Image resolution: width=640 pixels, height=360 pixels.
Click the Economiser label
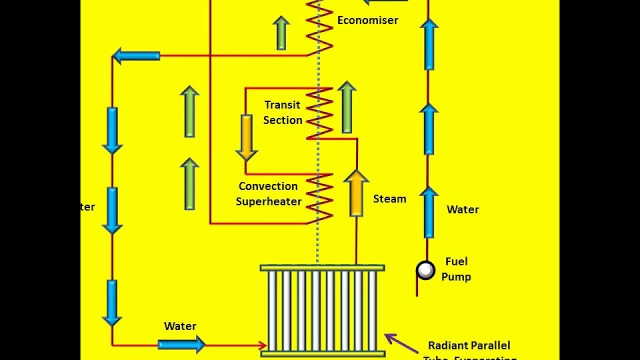[367, 20]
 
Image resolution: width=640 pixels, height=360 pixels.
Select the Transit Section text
[283, 112]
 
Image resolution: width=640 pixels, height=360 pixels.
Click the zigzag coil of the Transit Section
[319, 113]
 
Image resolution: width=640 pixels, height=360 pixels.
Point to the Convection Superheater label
[268, 194]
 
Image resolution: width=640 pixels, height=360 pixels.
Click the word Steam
[389, 199]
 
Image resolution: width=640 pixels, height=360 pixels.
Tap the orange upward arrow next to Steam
[356, 193]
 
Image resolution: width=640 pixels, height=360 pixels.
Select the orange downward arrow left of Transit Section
[246, 137]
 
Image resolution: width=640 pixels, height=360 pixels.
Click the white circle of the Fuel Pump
[425, 270]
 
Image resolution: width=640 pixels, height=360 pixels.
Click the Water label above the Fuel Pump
[462, 209]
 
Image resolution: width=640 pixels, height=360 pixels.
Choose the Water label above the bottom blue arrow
[180, 326]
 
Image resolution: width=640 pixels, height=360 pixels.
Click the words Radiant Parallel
[469, 345]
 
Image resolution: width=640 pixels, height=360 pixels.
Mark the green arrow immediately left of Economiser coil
[281, 33]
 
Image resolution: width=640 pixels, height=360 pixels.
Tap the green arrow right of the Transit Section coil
[346, 107]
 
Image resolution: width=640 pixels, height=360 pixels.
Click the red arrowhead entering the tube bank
[262, 344]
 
